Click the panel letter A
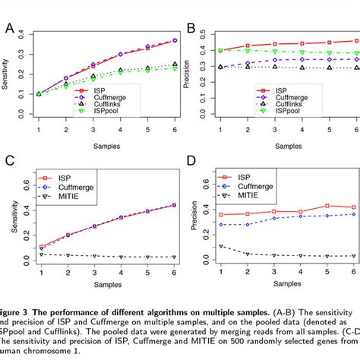pyautogui.click(x=9, y=28)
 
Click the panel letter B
pyautogui.click(x=191, y=29)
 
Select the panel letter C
pyautogui.click(x=9, y=162)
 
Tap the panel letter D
pyautogui.click(x=191, y=162)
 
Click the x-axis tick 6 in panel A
pyautogui.click(x=175, y=129)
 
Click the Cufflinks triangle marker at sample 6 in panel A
pyautogui.click(x=175, y=65)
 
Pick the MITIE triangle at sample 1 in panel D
pyautogui.click(x=221, y=246)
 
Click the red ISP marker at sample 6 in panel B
pyautogui.click(x=356, y=41)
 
